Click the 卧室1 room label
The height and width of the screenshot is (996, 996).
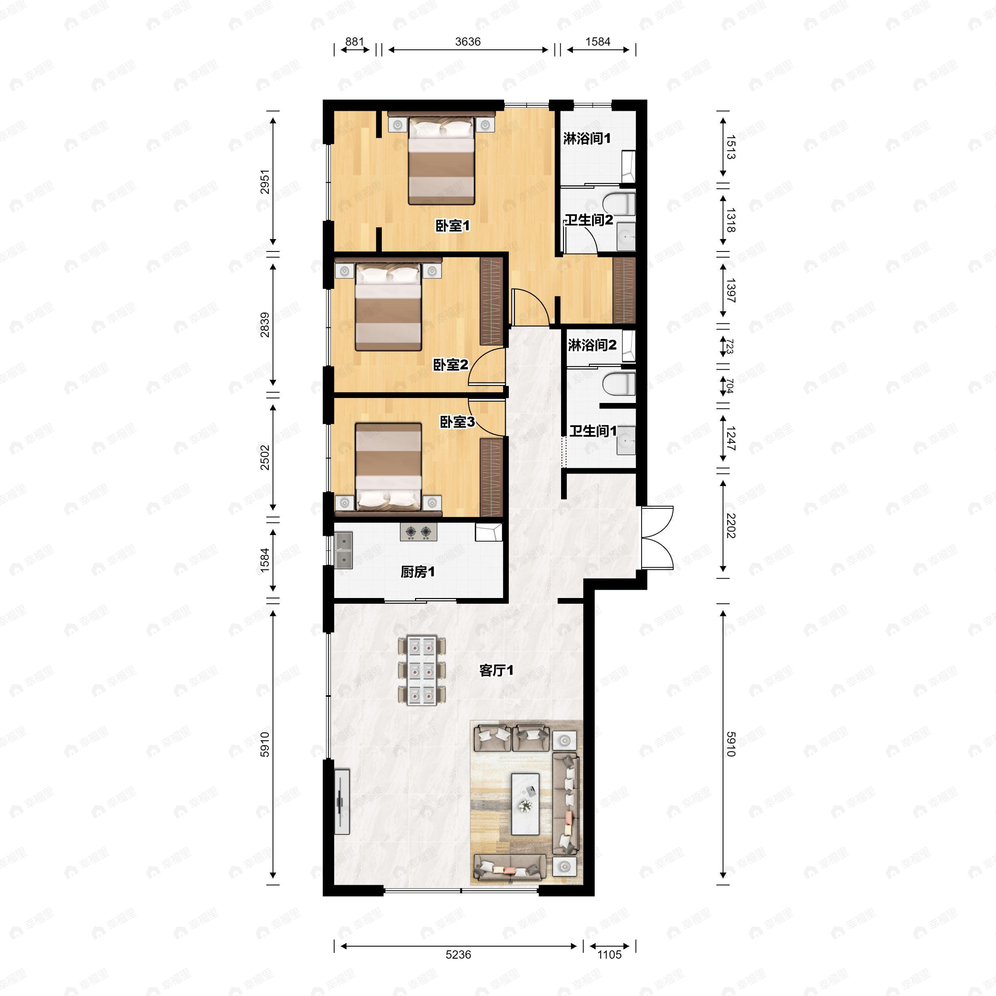[x=453, y=226]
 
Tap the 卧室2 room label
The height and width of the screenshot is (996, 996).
[x=450, y=365]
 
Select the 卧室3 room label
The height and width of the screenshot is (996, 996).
[x=457, y=422]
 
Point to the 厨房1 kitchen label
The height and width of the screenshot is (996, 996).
[x=417, y=572]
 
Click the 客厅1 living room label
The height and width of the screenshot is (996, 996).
[x=496, y=670]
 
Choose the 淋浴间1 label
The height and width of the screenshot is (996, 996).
[x=587, y=138]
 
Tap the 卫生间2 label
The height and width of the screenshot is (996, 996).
[x=589, y=220]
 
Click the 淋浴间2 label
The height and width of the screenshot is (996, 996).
[x=592, y=345]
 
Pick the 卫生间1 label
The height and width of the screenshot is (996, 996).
[x=593, y=431]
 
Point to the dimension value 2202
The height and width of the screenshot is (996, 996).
[x=730, y=526]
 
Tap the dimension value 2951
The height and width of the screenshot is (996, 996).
[x=264, y=181]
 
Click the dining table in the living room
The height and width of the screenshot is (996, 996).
[x=421, y=670]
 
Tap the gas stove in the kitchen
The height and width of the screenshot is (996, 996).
[x=418, y=532]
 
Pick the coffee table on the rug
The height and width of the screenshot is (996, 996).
[x=525, y=804]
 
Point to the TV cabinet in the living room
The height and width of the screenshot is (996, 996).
[x=342, y=802]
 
